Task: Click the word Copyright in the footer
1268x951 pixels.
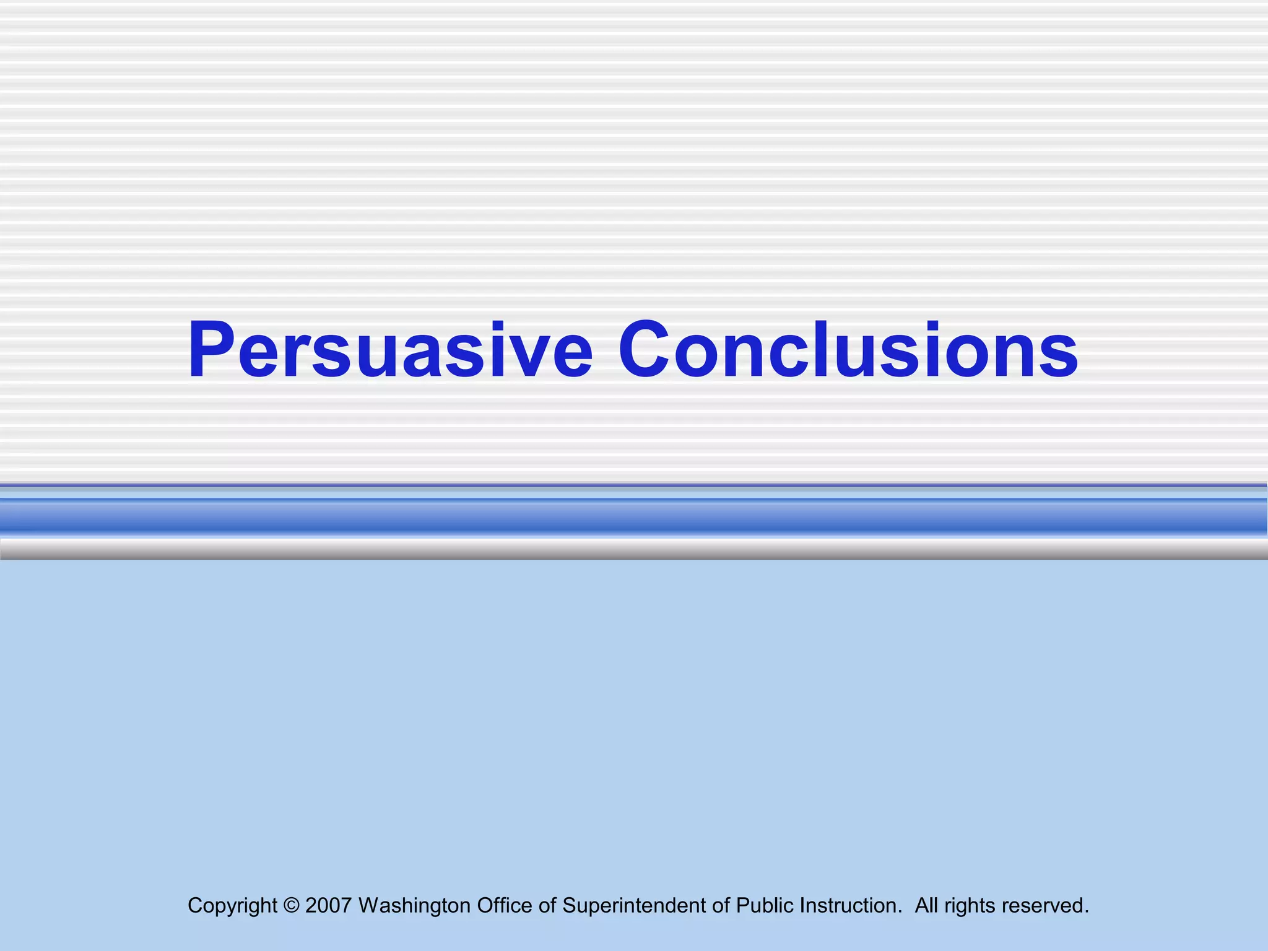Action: pos(232,906)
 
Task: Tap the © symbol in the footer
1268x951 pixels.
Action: pos(291,906)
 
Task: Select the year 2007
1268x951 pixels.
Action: pos(328,906)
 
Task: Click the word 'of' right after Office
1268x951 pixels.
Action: pos(547,906)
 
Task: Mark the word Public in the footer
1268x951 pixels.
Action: pos(765,906)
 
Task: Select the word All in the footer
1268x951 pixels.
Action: pos(926,906)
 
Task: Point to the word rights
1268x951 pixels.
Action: pos(970,906)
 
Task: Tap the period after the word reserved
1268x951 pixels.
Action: pos(1087,911)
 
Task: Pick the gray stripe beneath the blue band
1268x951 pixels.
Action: pos(634,549)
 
